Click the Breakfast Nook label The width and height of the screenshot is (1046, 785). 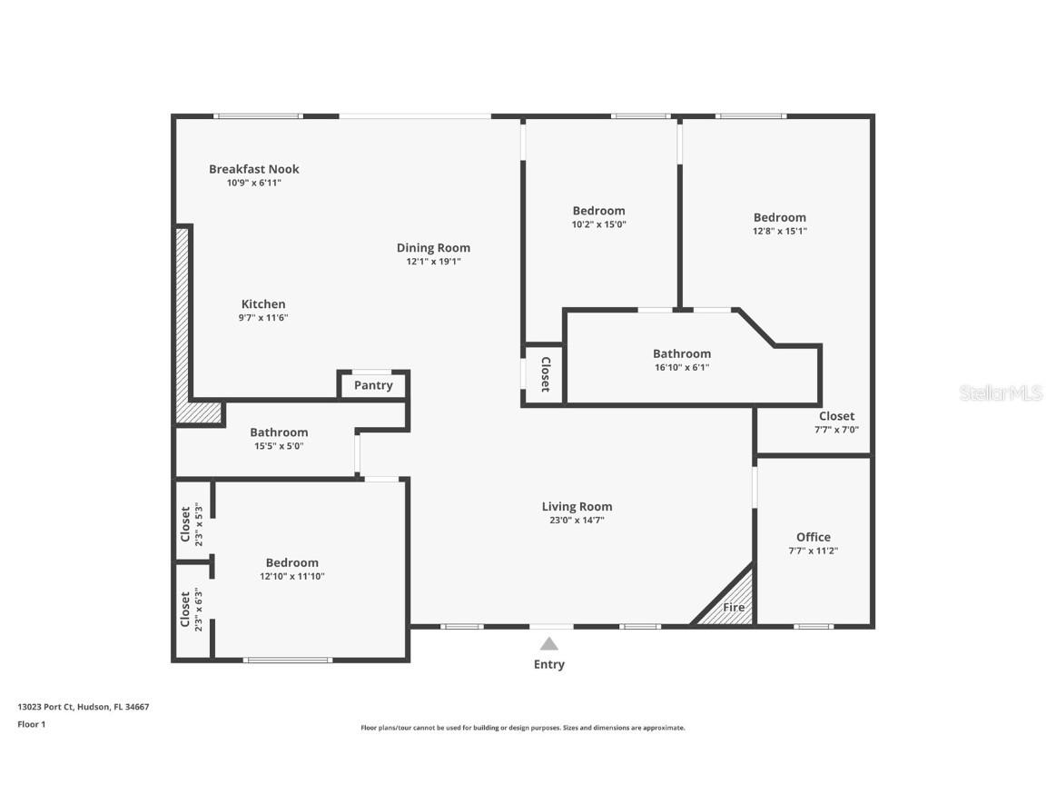pyautogui.click(x=253, y=169)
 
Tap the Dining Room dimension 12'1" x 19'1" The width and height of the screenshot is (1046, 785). pyautogui.click(x=433, y=262)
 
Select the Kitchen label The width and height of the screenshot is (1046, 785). pyautogui.click(x=263, y=304)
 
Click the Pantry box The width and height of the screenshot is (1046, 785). pyautogui.click(x=373, y=385)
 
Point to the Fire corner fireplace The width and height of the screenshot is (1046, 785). pyautogui.click(x=731, y=605)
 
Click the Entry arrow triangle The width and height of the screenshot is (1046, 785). pyautogui.click(x=548, y=644)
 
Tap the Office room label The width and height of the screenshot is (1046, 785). pyautogui.click(x=813, y=537)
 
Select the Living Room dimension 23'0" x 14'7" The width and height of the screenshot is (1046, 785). pyautogui.click(x=577, y=521)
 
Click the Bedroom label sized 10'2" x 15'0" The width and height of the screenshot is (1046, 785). pyautogui.click(x=598, y=211)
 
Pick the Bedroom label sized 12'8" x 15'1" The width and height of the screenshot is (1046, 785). pyautogui.click(x=779, y=217)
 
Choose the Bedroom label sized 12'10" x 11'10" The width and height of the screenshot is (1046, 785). pyautogui.click(x=291, y=562)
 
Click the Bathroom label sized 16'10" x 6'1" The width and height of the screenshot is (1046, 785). pyautogui.click(x=681, y=353)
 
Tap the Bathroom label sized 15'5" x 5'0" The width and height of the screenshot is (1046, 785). pyautogui.click(x=279, y=432)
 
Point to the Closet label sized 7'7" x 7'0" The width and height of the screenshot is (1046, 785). pyautogui.click(x=836, y=416)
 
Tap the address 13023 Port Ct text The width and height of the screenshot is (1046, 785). pyautogui.click(x=83, y=707)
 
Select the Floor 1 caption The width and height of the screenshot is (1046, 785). pyautogui.click(x=31, y=724)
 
